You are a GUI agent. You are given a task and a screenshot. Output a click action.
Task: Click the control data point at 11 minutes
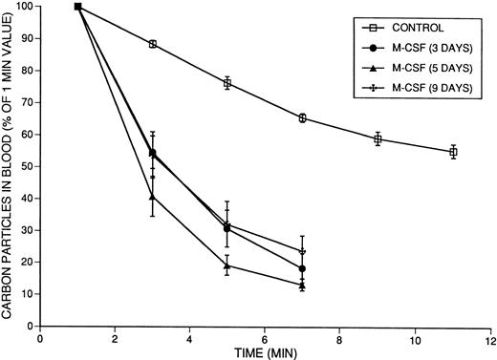(453, 152)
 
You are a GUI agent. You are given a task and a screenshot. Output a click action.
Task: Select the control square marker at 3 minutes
(153, 44)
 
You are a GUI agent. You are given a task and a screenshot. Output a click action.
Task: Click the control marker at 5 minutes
(227, 83)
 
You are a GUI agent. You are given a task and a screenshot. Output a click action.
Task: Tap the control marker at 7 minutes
(302, 118)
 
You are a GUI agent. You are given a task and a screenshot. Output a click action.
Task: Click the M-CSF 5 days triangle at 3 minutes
(153, 197)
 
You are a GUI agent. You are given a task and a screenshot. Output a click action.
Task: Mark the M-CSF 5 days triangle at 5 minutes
(227, 266)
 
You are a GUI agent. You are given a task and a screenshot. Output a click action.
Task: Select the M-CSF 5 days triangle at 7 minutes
(302, 285)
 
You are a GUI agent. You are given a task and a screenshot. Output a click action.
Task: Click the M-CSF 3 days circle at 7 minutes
(302, 268)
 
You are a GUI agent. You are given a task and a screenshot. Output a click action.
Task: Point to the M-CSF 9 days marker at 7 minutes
(302, 252)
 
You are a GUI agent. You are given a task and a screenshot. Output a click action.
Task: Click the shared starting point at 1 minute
(77, 7)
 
